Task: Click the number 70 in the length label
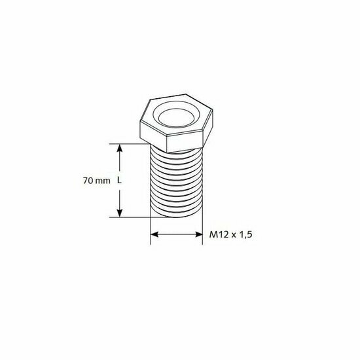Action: [88, 181]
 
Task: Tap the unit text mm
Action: [103, 181]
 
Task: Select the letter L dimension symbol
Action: [119, 181]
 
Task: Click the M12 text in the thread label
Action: [219, 234]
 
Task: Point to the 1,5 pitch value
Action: [245, 234]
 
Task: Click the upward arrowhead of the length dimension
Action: [119, 148]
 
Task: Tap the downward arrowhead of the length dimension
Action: [119, 213]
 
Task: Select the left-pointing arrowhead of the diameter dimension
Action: [154, 234]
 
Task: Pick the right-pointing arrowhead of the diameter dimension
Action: [198, 234]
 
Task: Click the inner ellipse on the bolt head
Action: [176, 118]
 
